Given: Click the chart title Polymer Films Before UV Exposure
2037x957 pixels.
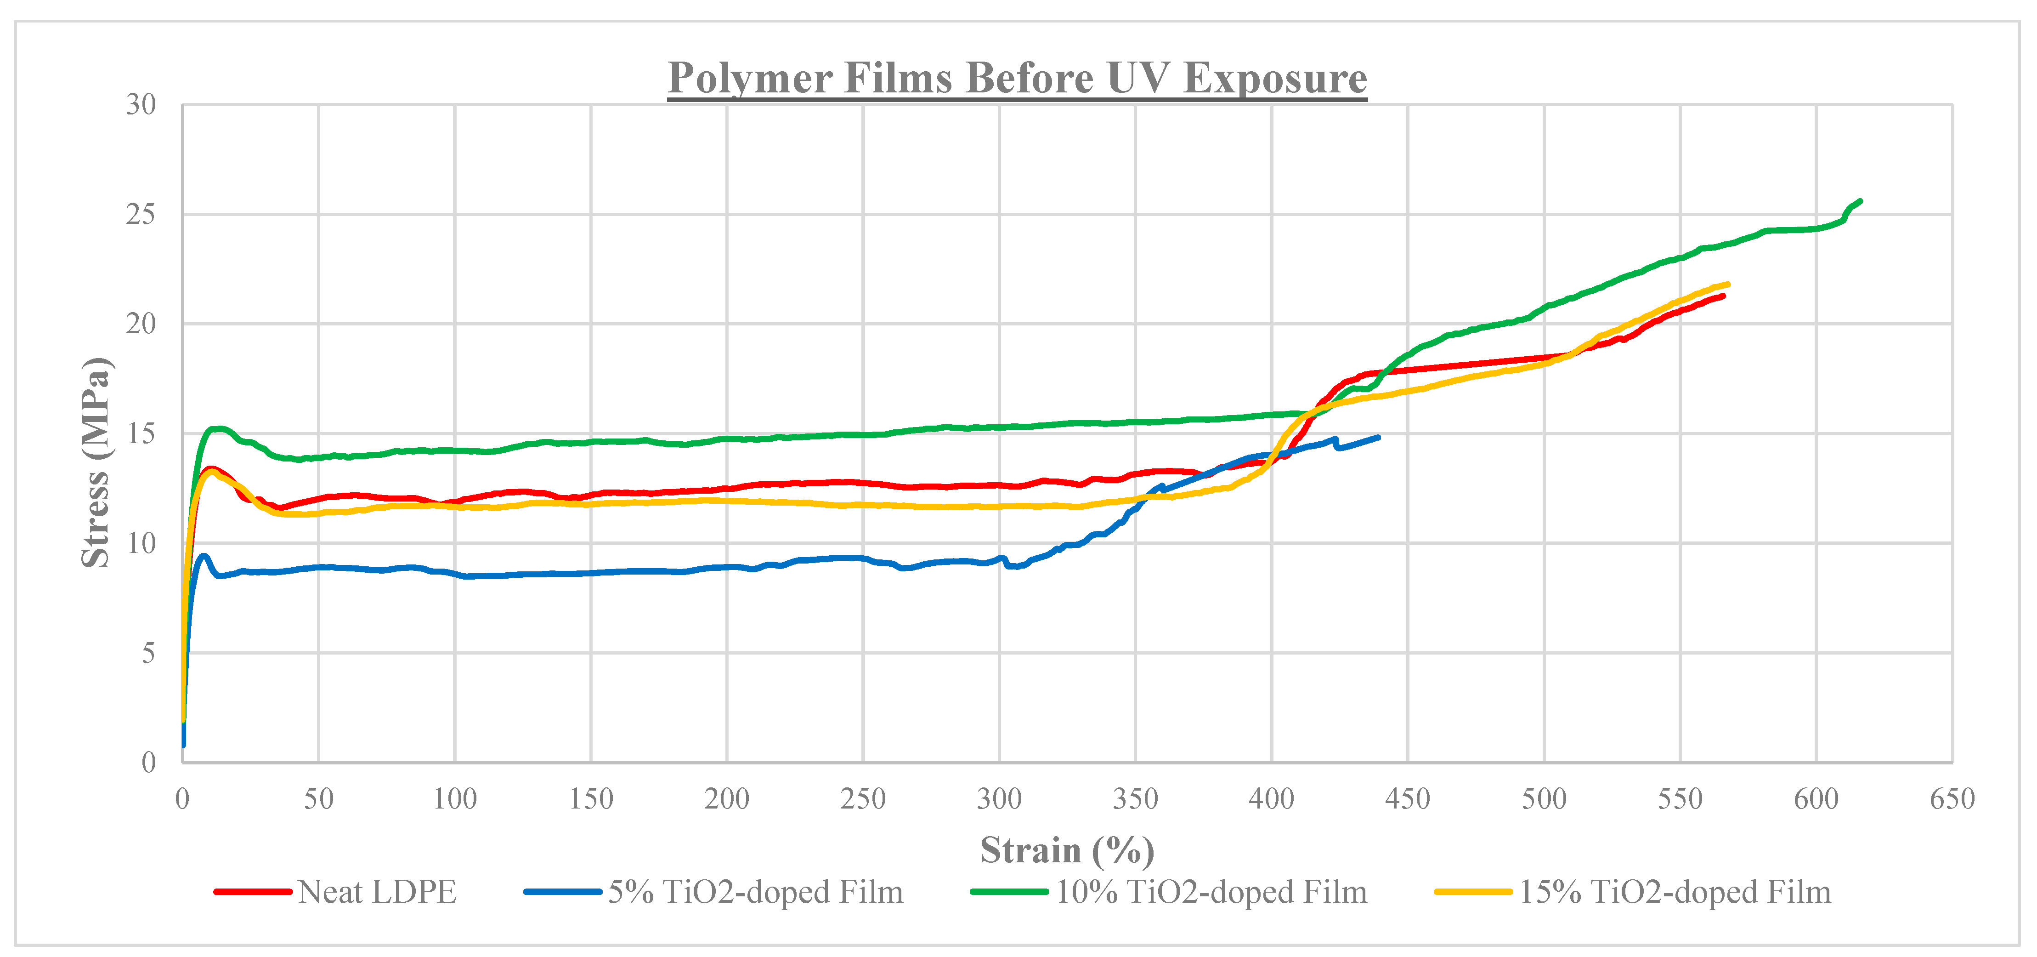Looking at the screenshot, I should pyautogui.click(x=1017, y=78).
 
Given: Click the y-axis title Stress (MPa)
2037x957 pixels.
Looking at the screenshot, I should pyautogui.click(x=96, y=463).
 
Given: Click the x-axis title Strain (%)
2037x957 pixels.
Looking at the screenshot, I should pyautogui.click(x=1067, y=850).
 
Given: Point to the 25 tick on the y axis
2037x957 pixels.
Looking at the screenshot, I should pyautogui.click(x=141, y=214).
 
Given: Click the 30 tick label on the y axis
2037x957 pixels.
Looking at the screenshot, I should pyautogui.click(x=141, y=104).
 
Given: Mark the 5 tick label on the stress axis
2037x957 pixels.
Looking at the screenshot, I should pyautogui.click(x=148, y=653).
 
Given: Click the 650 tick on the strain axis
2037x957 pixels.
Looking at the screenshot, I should pyautogui.click(x=1952, y=799).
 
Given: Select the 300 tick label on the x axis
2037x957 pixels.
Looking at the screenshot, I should pyautogui.click(x=999, y=799).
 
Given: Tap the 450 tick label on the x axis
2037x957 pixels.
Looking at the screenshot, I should pyautogui.click(x=1408, y=799).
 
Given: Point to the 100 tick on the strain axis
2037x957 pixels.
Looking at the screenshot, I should pyautogui.click(x=455, y=799).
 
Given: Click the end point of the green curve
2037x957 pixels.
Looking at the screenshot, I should pyautogui.click(x=1860, y=201).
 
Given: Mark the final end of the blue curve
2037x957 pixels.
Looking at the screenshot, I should pyautogui.click(x=1378, y=437).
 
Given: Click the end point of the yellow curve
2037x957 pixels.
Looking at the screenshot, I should pyautogui.click(x=1728, y=284).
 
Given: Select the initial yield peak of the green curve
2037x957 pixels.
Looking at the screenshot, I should pyautogui.click(x=217, y=429).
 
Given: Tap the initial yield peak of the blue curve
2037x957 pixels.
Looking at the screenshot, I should pyautogui.click(x=203, y=556).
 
